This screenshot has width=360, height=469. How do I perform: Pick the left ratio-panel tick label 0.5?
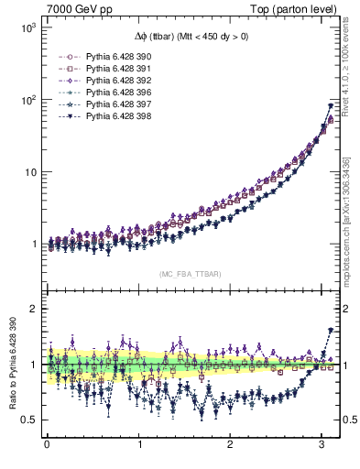pyautogui.click(x=27, y=420)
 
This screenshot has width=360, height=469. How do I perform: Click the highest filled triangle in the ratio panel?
pyautogui.click(x=331, y=330)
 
